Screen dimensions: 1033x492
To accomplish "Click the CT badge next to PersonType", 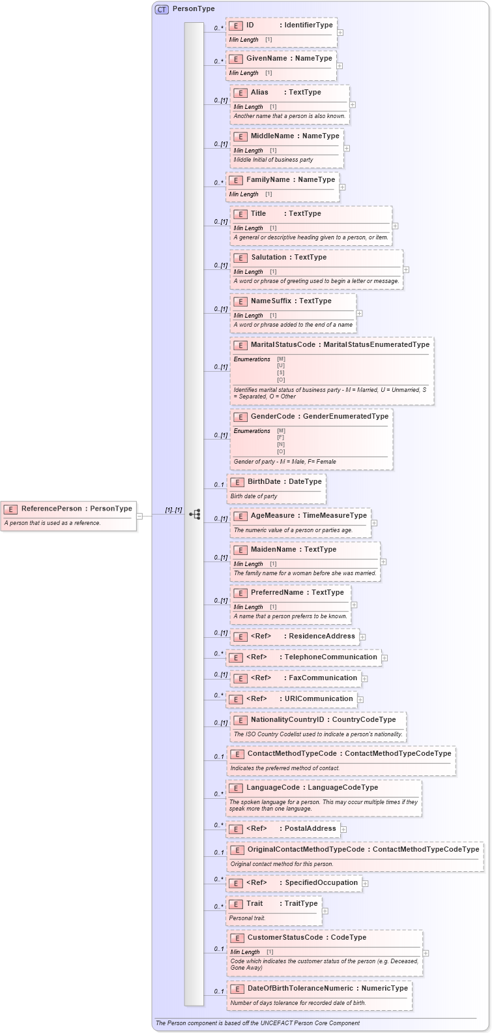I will [162, 9].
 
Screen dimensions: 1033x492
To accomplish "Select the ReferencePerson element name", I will [51, 509].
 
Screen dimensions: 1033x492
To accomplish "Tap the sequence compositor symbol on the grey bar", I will [194, 515].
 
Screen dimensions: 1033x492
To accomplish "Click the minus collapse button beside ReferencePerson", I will [139, 516].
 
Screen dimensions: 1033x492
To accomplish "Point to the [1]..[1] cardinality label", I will [173, 510].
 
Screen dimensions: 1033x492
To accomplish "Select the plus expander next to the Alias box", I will [353, 104].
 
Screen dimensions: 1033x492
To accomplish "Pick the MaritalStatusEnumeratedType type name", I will [376, 345].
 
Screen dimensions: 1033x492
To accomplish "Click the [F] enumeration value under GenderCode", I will [281, 438].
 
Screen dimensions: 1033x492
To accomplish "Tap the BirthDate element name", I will [264, 482].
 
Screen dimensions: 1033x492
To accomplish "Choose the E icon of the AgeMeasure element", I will [240, 516].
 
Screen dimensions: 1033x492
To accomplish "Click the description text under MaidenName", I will [304, 573].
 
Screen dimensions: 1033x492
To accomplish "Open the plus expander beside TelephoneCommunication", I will [384, 658].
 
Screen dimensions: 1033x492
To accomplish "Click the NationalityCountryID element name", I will [287, 720].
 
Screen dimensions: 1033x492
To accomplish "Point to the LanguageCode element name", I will [273, 788].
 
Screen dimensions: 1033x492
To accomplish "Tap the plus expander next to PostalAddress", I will [343, 830].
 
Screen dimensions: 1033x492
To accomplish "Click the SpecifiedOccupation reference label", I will [321, 883].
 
